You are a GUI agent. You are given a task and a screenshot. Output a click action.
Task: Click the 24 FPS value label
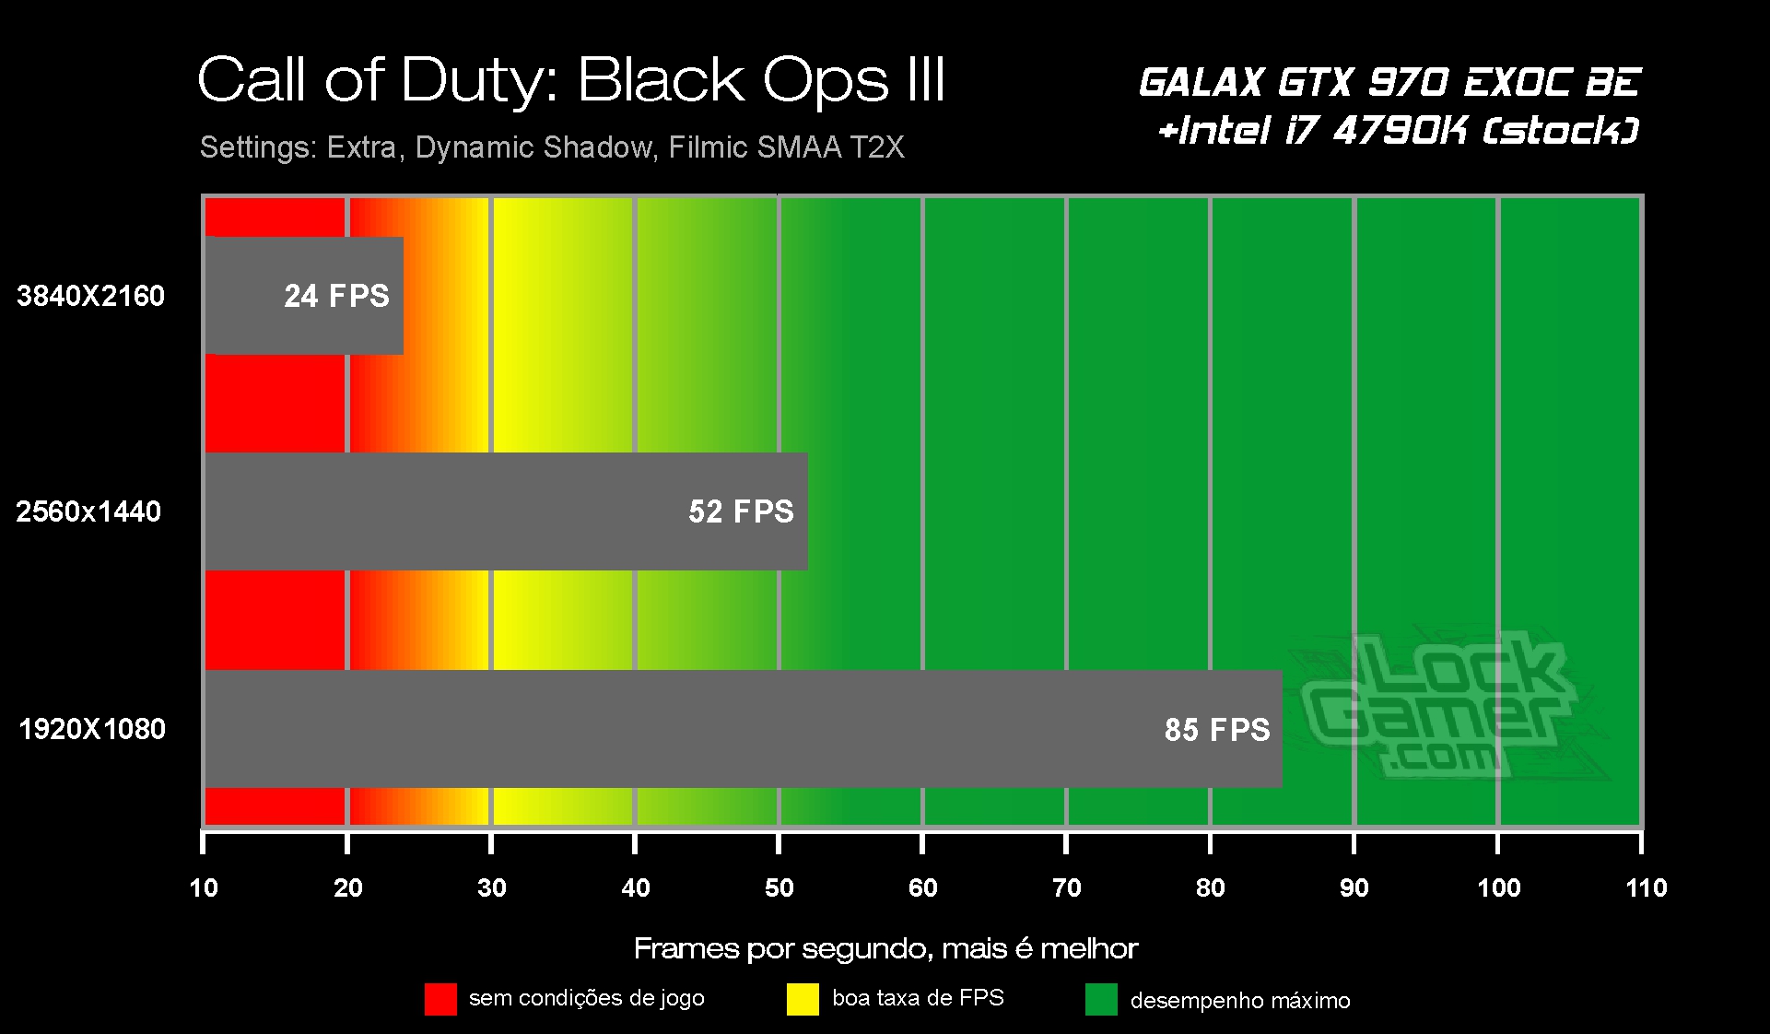point(336,296)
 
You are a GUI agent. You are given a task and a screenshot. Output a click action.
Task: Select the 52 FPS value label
point(741,511)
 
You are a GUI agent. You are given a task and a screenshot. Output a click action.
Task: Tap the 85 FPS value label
point(1216,730)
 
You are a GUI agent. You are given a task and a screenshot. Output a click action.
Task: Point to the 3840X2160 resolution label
point(90,296)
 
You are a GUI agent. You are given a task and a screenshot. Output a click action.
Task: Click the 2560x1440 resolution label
point(88,511)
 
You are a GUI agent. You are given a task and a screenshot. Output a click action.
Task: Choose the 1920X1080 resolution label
point(92,729)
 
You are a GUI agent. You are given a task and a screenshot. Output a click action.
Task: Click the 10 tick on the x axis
point(204,887)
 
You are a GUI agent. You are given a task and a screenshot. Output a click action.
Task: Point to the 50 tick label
point(779,887)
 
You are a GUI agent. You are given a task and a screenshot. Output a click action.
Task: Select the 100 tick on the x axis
point(1498,887)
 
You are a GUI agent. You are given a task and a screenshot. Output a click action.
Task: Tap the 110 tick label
point(1647,887)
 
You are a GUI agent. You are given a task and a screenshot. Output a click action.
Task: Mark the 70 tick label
point(1066,887)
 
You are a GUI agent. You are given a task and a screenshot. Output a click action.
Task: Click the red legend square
point(440,999)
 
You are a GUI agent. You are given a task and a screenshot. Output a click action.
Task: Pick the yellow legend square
point(803,999)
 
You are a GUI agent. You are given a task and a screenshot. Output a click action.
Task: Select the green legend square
point(1101,999)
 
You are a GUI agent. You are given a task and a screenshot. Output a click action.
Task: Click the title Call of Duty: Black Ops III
point(571,80)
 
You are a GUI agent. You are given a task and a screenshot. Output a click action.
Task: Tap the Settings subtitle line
point(552,147)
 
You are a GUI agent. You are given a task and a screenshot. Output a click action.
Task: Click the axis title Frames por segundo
point(885,948)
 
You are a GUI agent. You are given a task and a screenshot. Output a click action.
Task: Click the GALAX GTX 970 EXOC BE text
point(1389,83)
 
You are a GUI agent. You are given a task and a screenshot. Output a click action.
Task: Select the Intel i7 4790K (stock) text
point(1399,131)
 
